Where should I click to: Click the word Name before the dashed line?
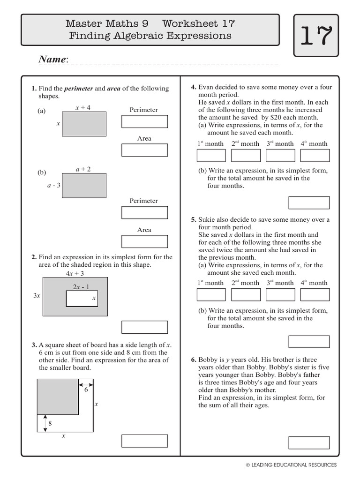[x=52, y=60]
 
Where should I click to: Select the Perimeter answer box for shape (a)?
[x=144, y=121]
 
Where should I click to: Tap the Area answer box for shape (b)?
[x=144, y=241]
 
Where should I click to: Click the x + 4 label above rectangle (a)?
[x=83, y=107]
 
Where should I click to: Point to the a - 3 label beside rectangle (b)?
[x=54, y=185]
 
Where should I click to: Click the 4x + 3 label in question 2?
[x=75, y=273]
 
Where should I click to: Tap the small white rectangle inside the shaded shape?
[x=82, y=299]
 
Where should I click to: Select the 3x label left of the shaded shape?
[x=37, y=296]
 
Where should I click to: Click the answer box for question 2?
[x=144, y=327]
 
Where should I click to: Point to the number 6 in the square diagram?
[x=86, y=389]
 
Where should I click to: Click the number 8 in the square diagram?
[x=50, y=423]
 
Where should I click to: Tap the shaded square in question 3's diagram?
[x=58, y=397]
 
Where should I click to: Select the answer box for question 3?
[x=144, y=441]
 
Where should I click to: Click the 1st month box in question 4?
[x=211, y=156]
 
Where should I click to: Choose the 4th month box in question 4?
[x=315, y=156]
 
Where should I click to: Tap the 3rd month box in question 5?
[x=280, y=294]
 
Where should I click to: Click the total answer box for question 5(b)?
[x=309, y=342]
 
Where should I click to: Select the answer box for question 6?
[x=309, y=442]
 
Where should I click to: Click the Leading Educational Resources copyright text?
[x=291, y=465]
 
